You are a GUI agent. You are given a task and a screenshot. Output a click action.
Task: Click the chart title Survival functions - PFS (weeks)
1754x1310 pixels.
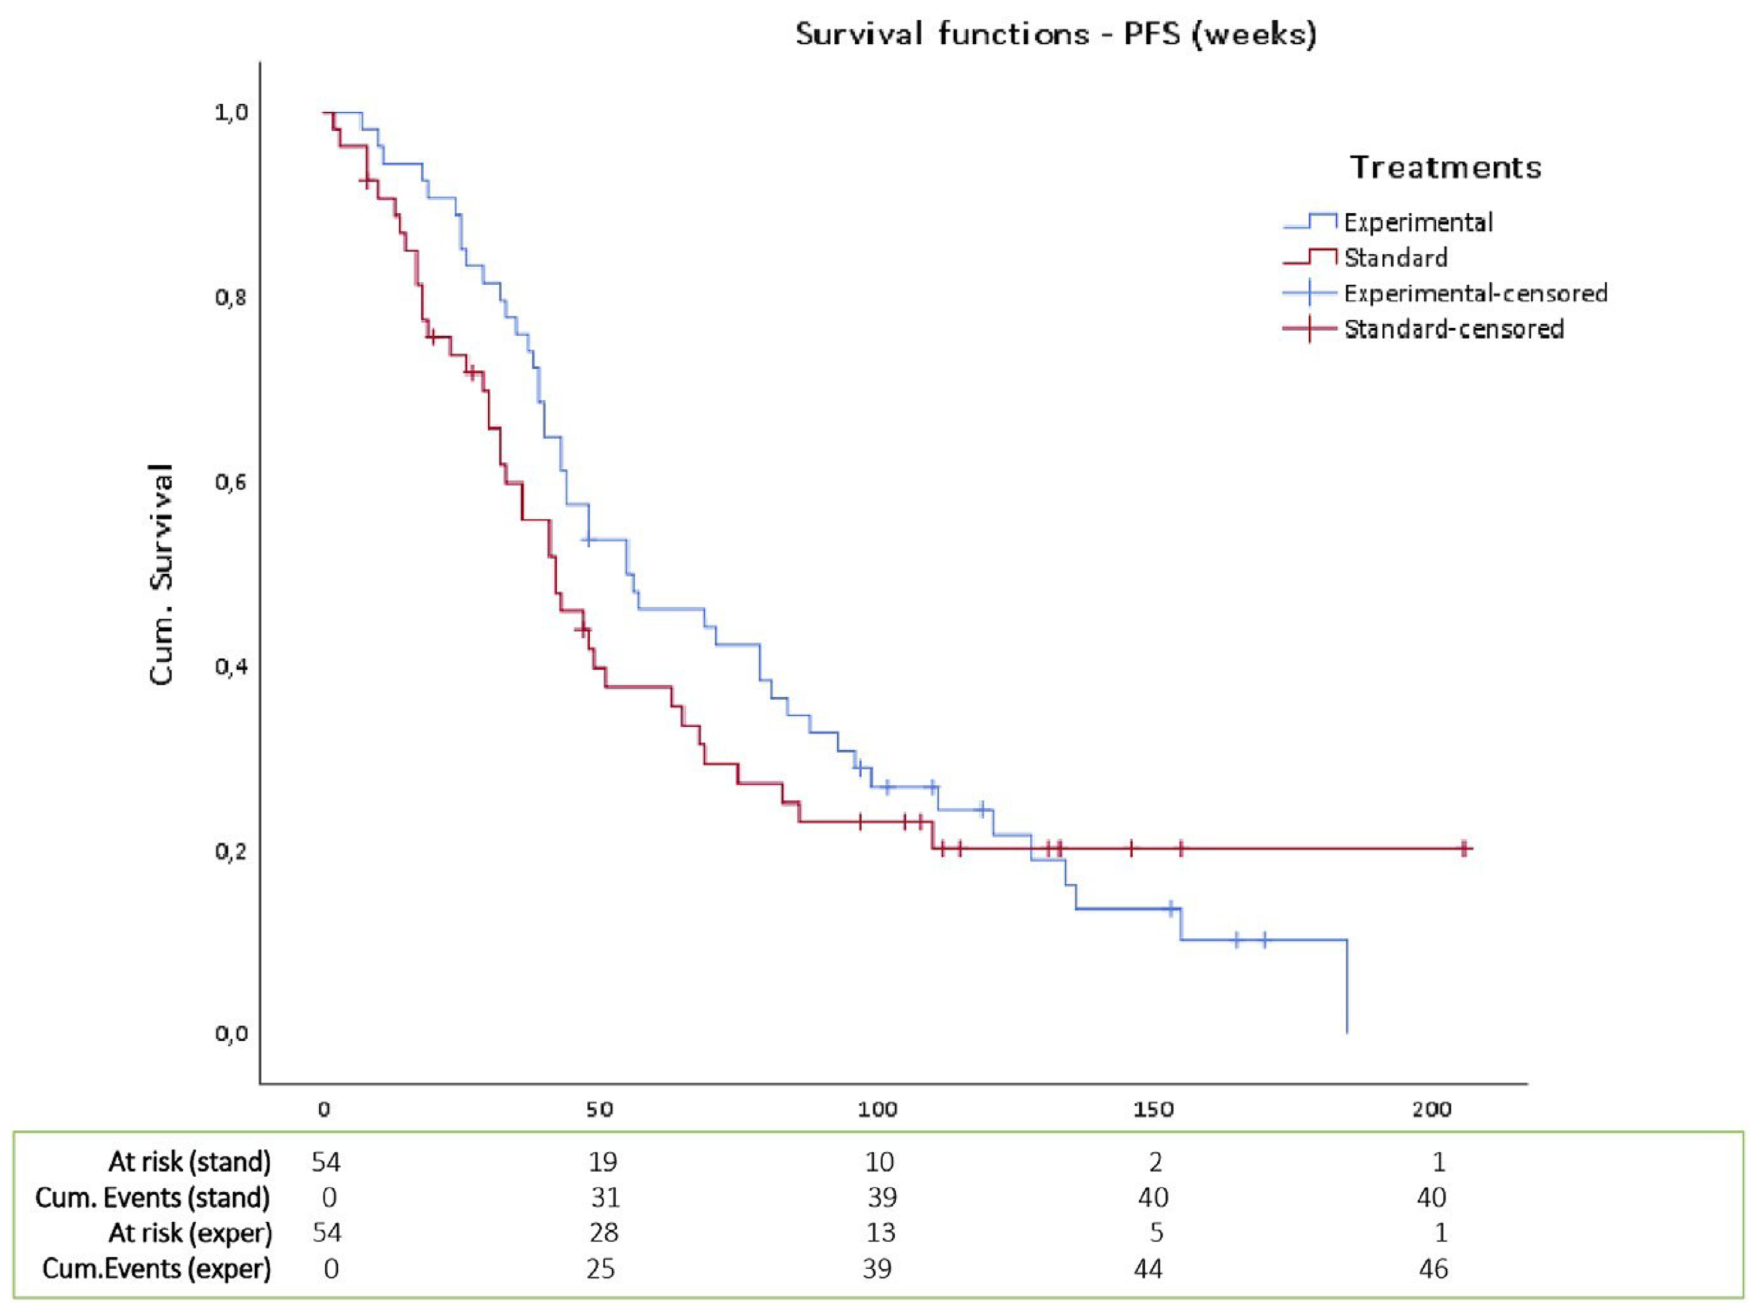coord(1056,34)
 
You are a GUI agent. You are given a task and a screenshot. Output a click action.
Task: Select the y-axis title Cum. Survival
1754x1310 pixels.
coord(161,574)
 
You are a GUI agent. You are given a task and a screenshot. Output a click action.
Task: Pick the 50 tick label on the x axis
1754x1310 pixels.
coord(600,1109)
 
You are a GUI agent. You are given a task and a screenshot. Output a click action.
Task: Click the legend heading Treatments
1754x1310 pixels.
coord(1445,167)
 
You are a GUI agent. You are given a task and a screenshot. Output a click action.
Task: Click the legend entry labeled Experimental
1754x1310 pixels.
coord(1418,222)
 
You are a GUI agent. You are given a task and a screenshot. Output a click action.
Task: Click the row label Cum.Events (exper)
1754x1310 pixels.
coord(156,1269)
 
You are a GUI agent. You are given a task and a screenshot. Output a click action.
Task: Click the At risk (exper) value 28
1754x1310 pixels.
coord(604,1233)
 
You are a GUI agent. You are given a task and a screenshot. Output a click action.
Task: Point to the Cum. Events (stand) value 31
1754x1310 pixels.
coord(605,1197)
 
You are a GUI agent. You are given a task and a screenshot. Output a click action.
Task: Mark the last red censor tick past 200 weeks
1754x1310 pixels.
coord(1464,848)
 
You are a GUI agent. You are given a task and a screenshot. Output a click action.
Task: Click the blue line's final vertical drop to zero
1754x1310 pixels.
coord(1346,987)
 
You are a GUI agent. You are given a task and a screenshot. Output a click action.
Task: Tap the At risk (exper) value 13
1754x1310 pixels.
coord(880,1233)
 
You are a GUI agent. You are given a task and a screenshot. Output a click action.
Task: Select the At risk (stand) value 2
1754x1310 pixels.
coord(1155,1162)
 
